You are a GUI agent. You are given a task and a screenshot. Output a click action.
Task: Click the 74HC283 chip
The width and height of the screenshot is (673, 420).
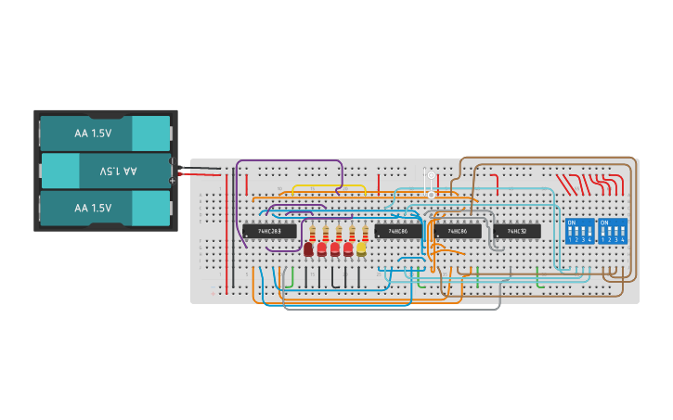(x=269, y=231)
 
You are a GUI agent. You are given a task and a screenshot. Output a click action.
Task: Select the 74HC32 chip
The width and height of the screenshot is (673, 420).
(x=517, y=231)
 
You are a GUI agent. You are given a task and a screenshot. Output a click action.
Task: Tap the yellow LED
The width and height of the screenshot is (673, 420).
(x=361, y=248)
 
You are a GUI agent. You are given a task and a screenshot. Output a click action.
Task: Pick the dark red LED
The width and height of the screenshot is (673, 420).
(x=308, y=249)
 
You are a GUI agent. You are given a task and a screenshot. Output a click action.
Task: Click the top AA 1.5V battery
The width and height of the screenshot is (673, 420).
(x=104, y=134)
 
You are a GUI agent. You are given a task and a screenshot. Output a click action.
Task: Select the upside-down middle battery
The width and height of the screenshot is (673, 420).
(x=104, y=172)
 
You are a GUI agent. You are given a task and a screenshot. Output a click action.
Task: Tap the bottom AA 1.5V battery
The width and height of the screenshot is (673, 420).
(x=104, y=209)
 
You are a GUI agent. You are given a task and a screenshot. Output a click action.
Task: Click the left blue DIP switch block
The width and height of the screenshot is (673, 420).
(x=579, y=231)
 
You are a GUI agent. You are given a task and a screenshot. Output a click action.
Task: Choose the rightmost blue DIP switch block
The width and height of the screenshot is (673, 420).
(x=613, y=231)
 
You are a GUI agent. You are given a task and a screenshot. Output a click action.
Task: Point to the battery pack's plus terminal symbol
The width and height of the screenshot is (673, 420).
(x=173, y=180)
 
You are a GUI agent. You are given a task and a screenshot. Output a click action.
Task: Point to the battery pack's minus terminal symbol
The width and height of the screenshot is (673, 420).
(x=173, y=162)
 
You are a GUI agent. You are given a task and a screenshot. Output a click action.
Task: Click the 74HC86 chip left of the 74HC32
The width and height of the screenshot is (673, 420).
(x=457, y=231)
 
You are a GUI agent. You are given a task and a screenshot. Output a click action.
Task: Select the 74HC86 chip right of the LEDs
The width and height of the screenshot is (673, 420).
(x=398, y=231)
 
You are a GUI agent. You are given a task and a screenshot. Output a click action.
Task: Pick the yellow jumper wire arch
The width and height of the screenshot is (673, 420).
(x=317, y=187)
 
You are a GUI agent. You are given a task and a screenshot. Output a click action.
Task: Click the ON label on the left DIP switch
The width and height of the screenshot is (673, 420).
(x=572, y=223)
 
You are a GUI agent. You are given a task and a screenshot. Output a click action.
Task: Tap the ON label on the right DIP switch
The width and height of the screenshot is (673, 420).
(x=605, y=223)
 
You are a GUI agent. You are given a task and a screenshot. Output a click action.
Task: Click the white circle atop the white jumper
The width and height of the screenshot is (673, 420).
(x=431, y=174)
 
